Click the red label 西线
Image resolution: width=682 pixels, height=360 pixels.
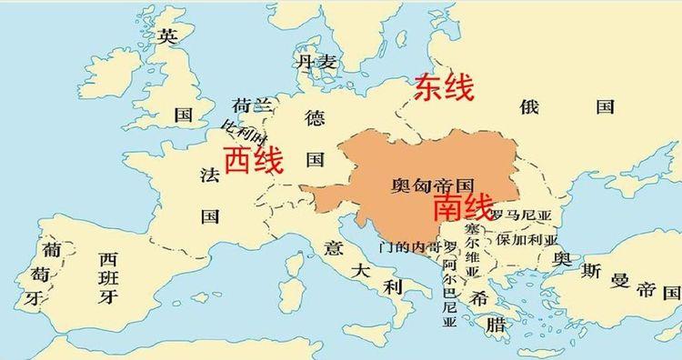coord(254,161)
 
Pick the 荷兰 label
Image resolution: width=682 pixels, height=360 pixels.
coord(252,105)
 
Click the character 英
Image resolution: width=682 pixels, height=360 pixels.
coord(166,36)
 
